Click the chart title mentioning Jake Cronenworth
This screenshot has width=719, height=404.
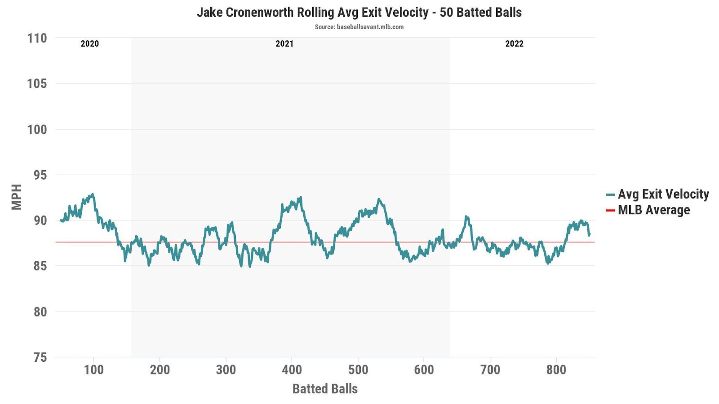[359, 12]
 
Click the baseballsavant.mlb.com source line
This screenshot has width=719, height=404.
[359, 27]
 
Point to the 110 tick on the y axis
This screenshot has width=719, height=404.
[37, 38]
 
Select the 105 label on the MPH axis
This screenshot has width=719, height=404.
[37, 83]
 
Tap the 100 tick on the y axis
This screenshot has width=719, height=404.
[37, 130]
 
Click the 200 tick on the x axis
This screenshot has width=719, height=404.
[160, 370]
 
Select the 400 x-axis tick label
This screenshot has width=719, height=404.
[292, 370]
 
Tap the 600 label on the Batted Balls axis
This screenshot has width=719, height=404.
[424, 370]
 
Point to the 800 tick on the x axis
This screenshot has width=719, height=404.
[556, 370]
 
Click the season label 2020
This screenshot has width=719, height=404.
[89, 44]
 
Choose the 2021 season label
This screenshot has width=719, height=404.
[284, 44]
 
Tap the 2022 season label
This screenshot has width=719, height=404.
[514, 44]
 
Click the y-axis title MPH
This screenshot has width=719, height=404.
[17, 197]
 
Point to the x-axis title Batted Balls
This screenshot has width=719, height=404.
[325, 389]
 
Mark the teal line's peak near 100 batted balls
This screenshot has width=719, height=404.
[93, 194]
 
